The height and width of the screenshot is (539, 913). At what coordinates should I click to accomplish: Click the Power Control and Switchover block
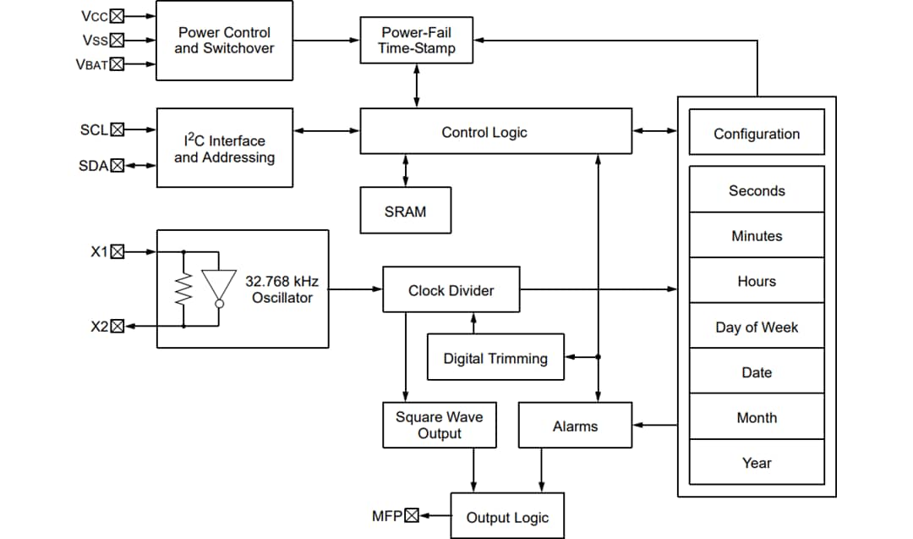(224, 41)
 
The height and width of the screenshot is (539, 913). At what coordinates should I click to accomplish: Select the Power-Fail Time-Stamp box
(416, 40)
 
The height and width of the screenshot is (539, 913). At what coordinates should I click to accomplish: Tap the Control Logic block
(495, 131)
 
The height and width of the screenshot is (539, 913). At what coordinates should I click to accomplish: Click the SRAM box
(405, 211)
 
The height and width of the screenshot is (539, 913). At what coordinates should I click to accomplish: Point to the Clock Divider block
(451, 290)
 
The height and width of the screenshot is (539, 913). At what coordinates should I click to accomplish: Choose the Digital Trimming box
(495, 358)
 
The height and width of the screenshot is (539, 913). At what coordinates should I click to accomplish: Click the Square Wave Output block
(439, 425)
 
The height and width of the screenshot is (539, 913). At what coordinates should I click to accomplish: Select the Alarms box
(575, 426)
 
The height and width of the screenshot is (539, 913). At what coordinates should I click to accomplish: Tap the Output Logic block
(507, 517)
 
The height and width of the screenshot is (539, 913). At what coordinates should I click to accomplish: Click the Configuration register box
(756, 133)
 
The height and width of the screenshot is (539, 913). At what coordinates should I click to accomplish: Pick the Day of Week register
(756, 327)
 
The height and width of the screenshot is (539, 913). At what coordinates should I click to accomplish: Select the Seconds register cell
(756, 190)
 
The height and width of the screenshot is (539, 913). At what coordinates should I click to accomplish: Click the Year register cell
(756, 462)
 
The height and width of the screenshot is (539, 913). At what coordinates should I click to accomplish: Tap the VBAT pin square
(117, 64)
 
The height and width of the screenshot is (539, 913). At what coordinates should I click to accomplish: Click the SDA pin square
(118, 166)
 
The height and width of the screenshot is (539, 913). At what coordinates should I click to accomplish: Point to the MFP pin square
(412, 515)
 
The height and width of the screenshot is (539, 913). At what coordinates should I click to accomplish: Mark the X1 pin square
(118, 251)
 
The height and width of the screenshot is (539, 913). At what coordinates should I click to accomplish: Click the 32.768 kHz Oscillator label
(282, 289)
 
